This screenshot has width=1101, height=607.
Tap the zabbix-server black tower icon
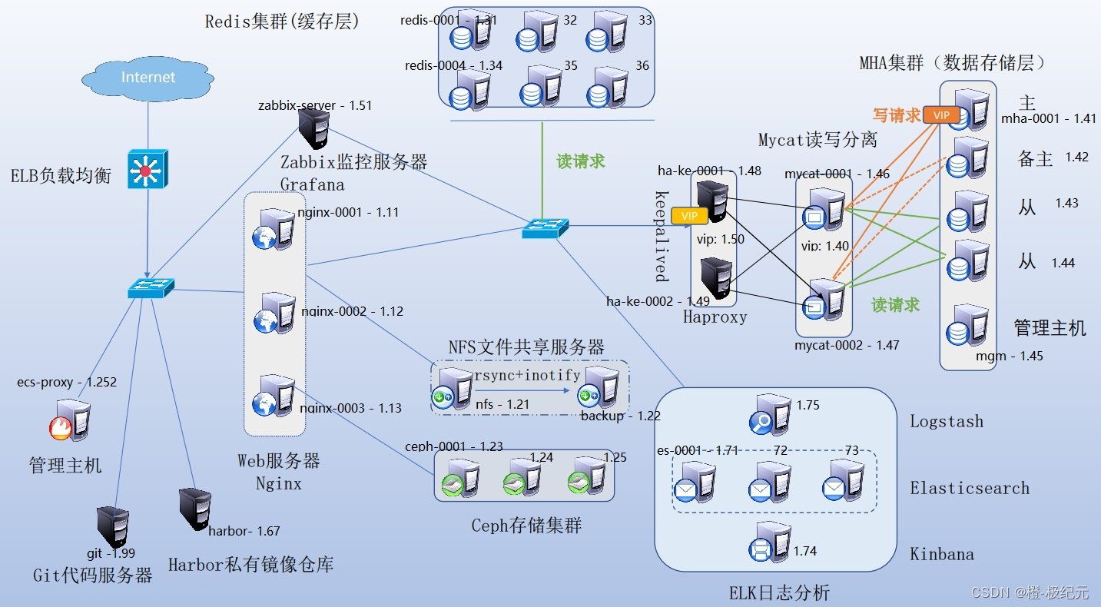pos(313,128)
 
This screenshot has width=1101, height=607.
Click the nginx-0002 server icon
pos(274,311)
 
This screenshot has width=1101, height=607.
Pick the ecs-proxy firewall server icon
pos(70,420)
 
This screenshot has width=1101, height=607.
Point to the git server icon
pos(113,528)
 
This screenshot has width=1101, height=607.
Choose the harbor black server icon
pos(194,509)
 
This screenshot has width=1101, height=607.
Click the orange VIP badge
pos(940,115)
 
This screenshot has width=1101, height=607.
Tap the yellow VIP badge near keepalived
pos(689,216)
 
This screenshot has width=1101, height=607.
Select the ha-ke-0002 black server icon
pos(715,278)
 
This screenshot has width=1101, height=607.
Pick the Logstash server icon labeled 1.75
pos(771,415)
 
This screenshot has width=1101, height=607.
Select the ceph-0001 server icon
pos(460,477)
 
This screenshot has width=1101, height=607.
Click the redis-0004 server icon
pos(469,90)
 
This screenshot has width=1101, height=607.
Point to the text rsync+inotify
pos(527,376)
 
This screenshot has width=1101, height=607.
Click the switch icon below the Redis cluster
pos(546,228)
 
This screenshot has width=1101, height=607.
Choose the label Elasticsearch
pos(969,488)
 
